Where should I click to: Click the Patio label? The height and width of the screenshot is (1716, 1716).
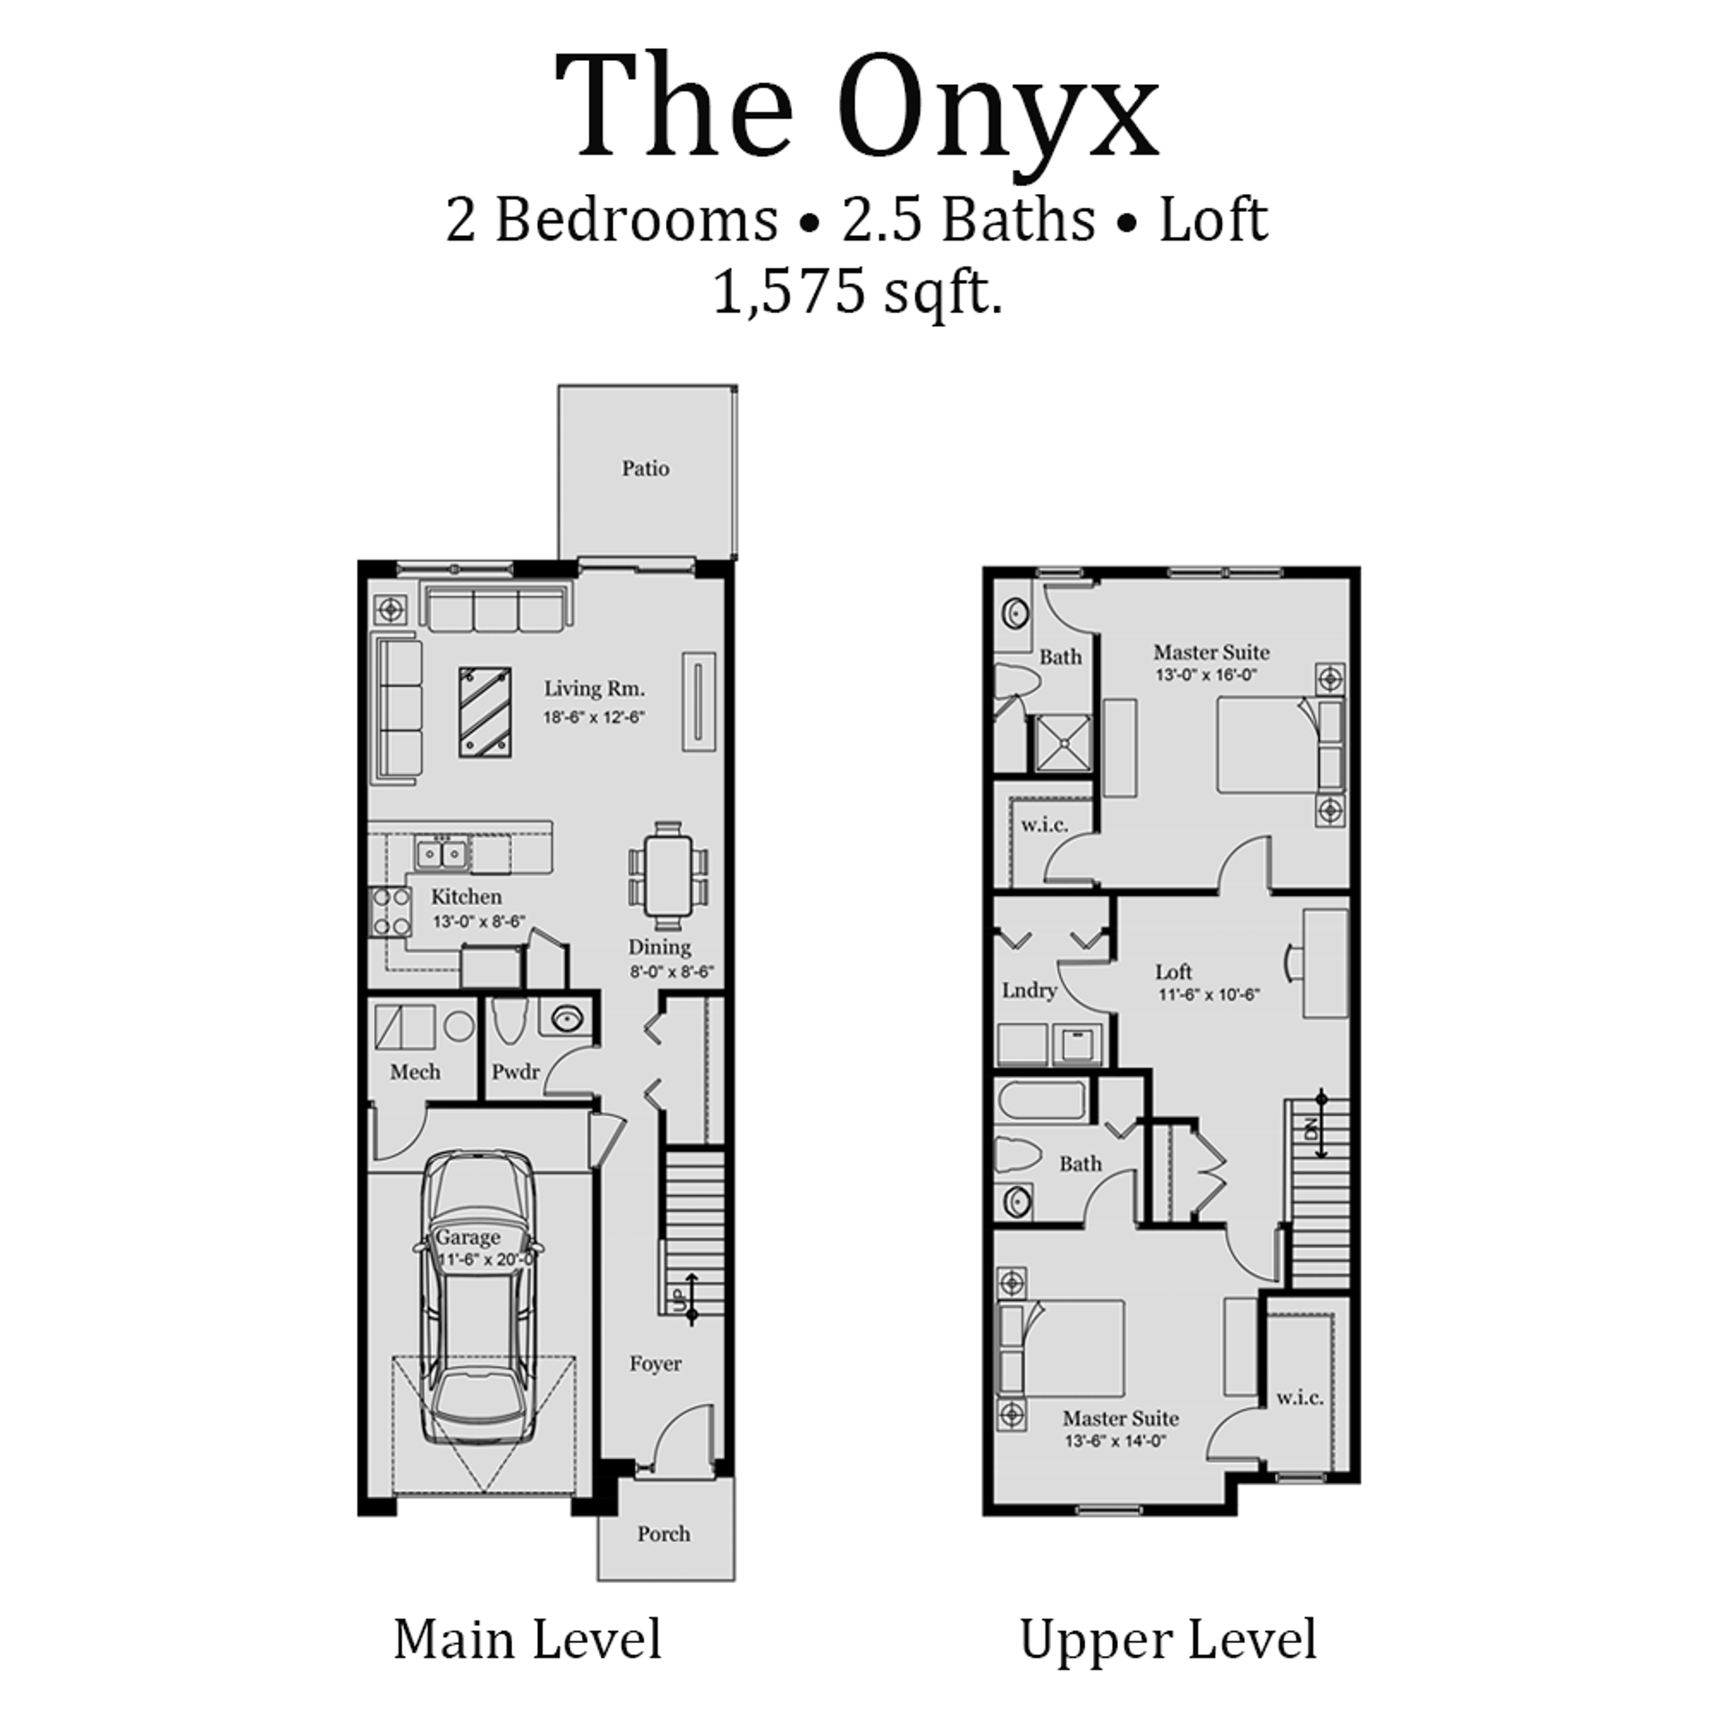645,468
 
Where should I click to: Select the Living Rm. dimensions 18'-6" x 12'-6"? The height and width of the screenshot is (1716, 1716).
594,717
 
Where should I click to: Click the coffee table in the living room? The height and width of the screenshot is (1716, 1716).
485,711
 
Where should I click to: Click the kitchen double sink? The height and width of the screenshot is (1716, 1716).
442,854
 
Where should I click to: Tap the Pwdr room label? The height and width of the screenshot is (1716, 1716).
516,1072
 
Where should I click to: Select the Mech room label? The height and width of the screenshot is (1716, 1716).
415,1072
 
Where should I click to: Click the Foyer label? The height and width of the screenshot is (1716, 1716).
655,1364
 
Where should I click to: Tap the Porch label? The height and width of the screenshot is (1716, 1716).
663,1534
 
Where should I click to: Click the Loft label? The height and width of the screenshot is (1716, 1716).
1173,972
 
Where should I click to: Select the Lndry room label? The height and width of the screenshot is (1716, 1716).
1029,990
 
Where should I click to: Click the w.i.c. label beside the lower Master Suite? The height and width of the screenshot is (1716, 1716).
1300,1398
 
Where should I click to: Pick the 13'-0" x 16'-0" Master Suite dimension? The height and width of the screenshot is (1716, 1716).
1207,676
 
